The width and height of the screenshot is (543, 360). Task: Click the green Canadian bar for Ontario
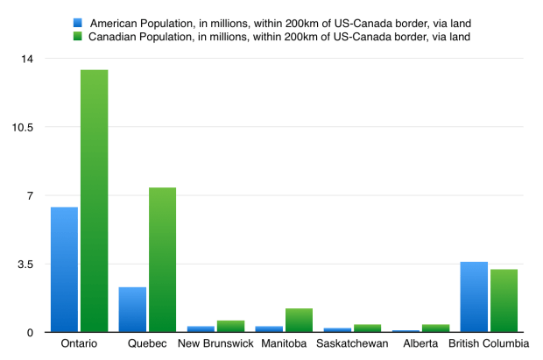(x=94, y=201)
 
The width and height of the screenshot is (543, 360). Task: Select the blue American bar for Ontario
(x=64, y=269)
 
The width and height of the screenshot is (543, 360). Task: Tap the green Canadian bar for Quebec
(x=162, y=259)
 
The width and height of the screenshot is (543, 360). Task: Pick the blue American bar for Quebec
(x=132, y=309)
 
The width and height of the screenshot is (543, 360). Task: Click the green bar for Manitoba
(x=299, y=320)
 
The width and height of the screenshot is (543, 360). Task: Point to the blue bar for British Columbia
(x=474, y=297)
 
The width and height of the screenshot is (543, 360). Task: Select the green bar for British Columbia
(x=504, y=300)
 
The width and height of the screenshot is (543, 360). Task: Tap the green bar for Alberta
(x=435, y=328)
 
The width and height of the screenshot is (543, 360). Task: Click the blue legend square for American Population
(x=78, y=22)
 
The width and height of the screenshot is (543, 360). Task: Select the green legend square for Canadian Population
(x=78, y=36)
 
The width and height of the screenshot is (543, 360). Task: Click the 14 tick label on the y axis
(x=27, y=59)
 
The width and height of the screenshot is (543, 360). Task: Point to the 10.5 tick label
(x=23, y=127)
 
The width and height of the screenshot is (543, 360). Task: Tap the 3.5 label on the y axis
(x=25, y=264)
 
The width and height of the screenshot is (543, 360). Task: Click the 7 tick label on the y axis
(x=30, y=195)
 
